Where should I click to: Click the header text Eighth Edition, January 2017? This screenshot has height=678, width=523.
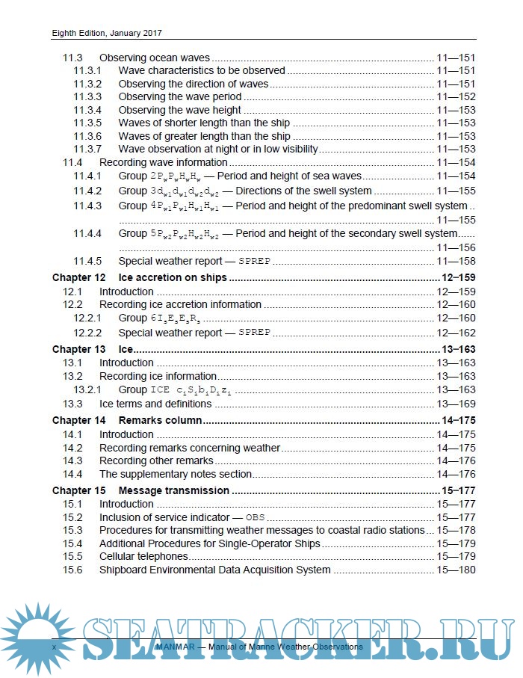tap(107, 33)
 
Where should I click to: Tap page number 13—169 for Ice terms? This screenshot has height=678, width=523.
tap(456, 404)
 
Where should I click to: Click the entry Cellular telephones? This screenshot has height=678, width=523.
tap(143, 556)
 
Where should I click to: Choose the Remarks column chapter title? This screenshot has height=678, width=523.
tap(161, 420)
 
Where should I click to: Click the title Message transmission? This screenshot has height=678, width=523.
tap(174, 490)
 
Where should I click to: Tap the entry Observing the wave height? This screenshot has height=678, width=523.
tap(180, 110)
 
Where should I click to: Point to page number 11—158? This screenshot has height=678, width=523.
tap(456, 262)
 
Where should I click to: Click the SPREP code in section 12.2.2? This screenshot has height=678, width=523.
tap(254, 333)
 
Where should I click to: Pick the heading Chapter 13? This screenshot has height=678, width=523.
tap(78, 349)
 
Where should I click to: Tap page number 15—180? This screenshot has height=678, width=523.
tap(456, 570)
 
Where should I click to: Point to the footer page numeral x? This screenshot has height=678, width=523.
tap(54, 646)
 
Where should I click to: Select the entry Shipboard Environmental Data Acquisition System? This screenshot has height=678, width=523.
tap(215, 570)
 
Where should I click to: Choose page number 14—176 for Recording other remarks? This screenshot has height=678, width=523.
tap(456, 460)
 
